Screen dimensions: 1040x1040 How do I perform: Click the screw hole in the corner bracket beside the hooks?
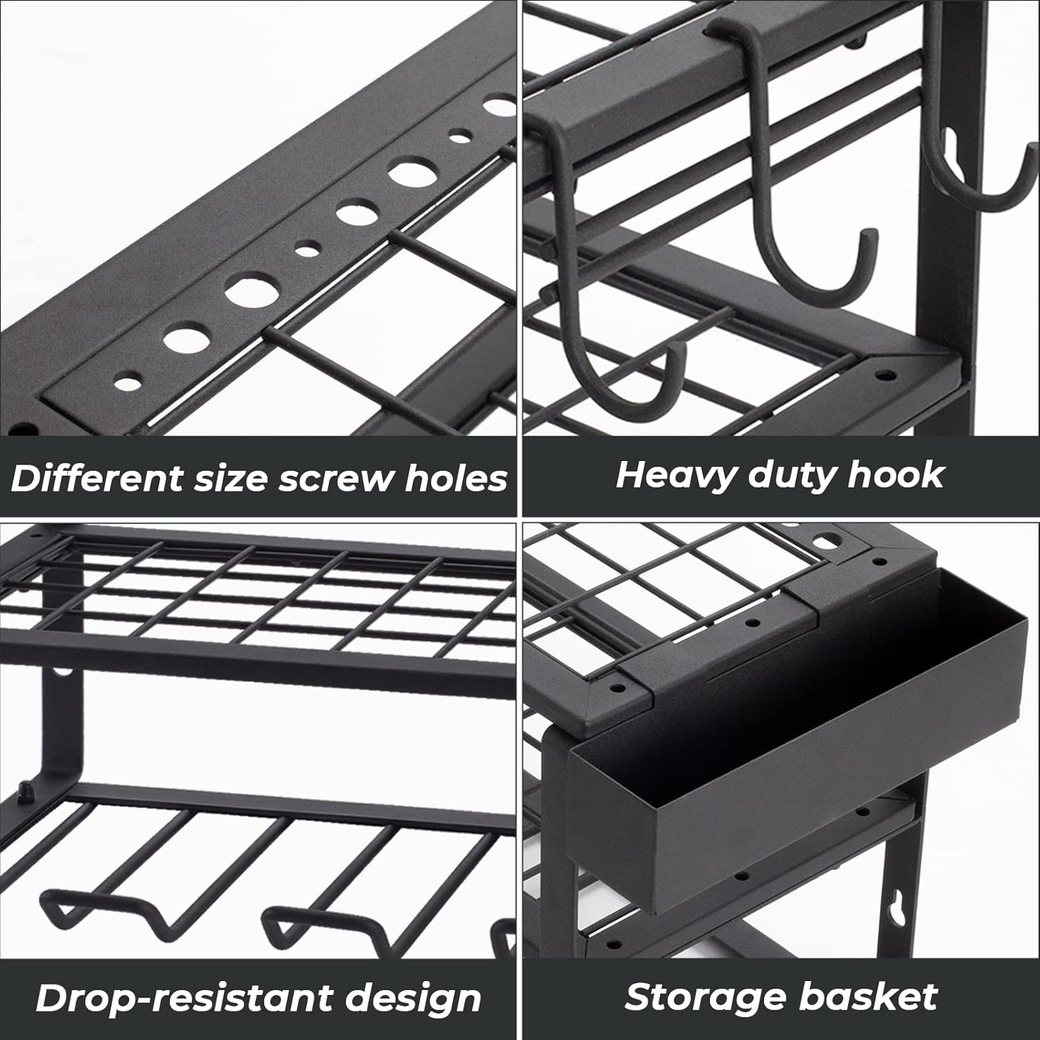(885, 375)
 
